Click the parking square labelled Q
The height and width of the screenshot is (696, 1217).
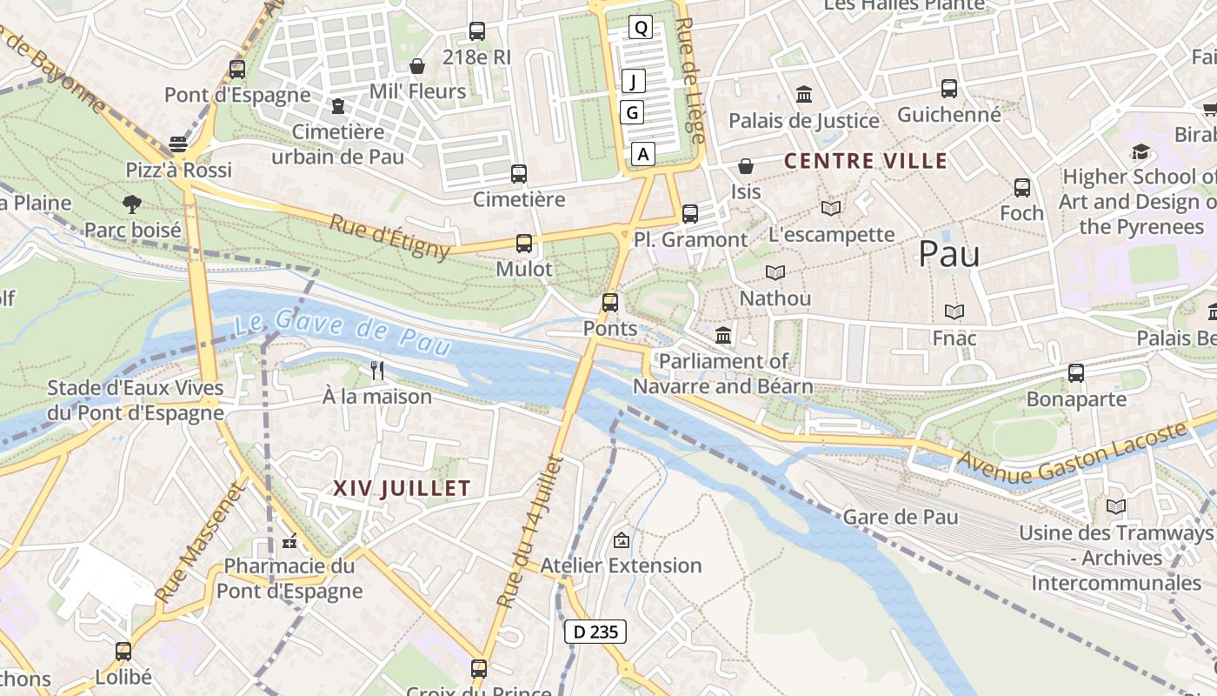(x=641, y=28)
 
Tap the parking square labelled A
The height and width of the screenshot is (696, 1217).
(x=642, y=155)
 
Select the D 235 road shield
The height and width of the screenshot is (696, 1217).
(x=595, y=632)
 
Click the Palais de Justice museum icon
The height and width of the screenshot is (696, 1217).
(x=804, y=94)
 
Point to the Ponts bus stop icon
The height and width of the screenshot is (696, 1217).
(x=610, y=303)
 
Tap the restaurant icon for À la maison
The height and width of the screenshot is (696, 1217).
(x=377, y=371)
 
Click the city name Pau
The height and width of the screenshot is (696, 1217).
(x=949, y=254)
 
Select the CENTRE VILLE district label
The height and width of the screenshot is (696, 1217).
(x=866, y=161)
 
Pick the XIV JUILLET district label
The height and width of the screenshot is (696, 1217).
(x=402, y=489)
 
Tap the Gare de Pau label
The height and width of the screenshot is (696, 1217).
(x=901, y=517)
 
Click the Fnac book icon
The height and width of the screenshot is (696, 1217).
(x=954, y=311)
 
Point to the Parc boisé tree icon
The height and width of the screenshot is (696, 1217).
(x=132, y=204)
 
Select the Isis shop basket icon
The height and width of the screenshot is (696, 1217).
(x=746, y=166)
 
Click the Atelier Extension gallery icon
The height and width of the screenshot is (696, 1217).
(x=622, y=540)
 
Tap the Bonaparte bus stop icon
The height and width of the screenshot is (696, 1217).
(x=1076, y=373)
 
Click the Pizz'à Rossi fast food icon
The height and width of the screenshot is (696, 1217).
(x=178, y=144)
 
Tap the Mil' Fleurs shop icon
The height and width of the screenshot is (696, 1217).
(x=417, y=66)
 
